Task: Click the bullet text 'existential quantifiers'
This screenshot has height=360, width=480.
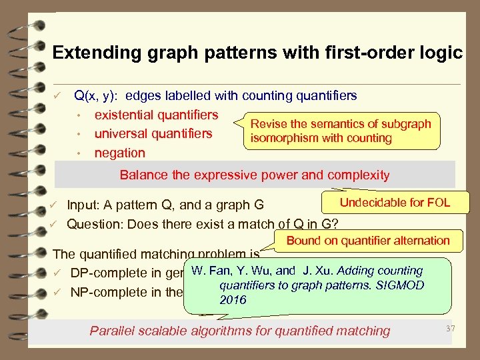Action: (157, 115)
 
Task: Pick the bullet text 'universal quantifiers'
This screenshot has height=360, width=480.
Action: (153, 133)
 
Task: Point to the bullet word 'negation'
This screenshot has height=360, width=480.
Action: (120, 152)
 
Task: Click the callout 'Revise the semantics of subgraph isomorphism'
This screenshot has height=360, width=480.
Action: (340, 131)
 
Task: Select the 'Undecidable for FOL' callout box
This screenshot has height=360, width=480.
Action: (395, 203)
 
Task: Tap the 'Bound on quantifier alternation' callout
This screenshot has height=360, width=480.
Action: (368, 241)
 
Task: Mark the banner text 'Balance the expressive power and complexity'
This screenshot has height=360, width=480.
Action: (254, 175)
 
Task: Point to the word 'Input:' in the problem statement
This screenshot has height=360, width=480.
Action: (84, 205)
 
